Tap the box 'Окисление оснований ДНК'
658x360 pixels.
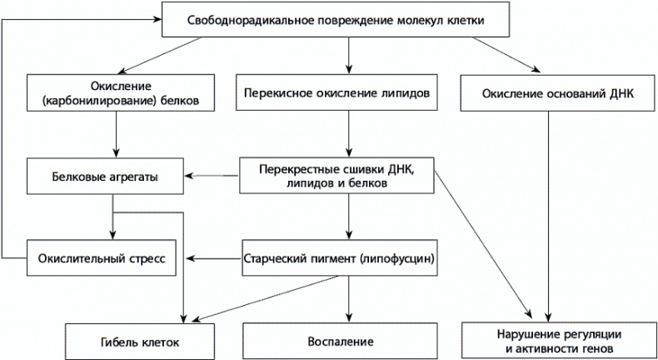546,94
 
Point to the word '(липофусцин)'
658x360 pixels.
398,258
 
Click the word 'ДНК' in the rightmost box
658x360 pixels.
621,94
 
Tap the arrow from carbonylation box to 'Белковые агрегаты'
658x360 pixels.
114,133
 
